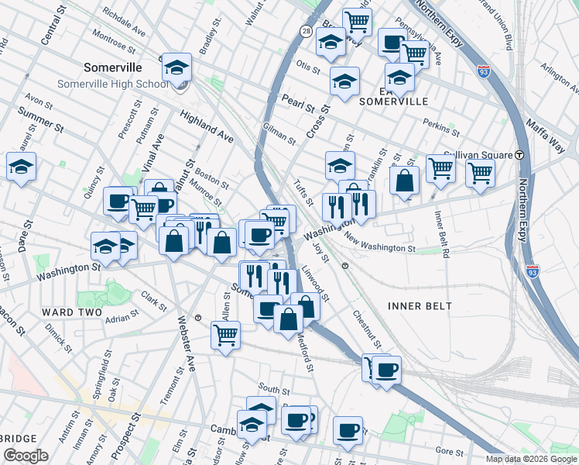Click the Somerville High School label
111,84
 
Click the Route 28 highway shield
307,31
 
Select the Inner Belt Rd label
442,232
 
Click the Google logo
26,455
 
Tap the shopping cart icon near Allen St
225,335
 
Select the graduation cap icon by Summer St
21,165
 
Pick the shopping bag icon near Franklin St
404,181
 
